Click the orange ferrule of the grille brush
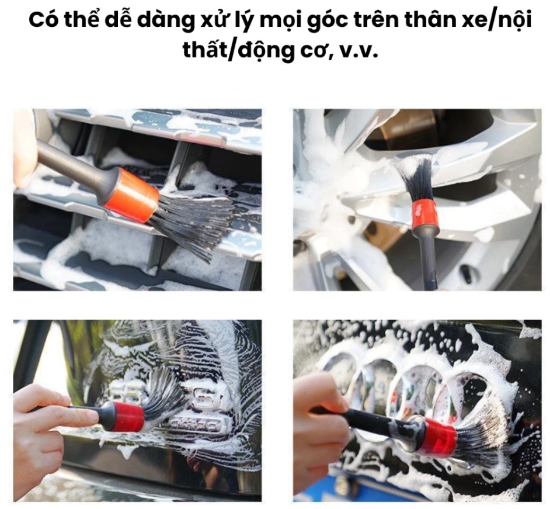click(x=132, y=195)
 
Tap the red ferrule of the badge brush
click(x=130, y=417)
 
